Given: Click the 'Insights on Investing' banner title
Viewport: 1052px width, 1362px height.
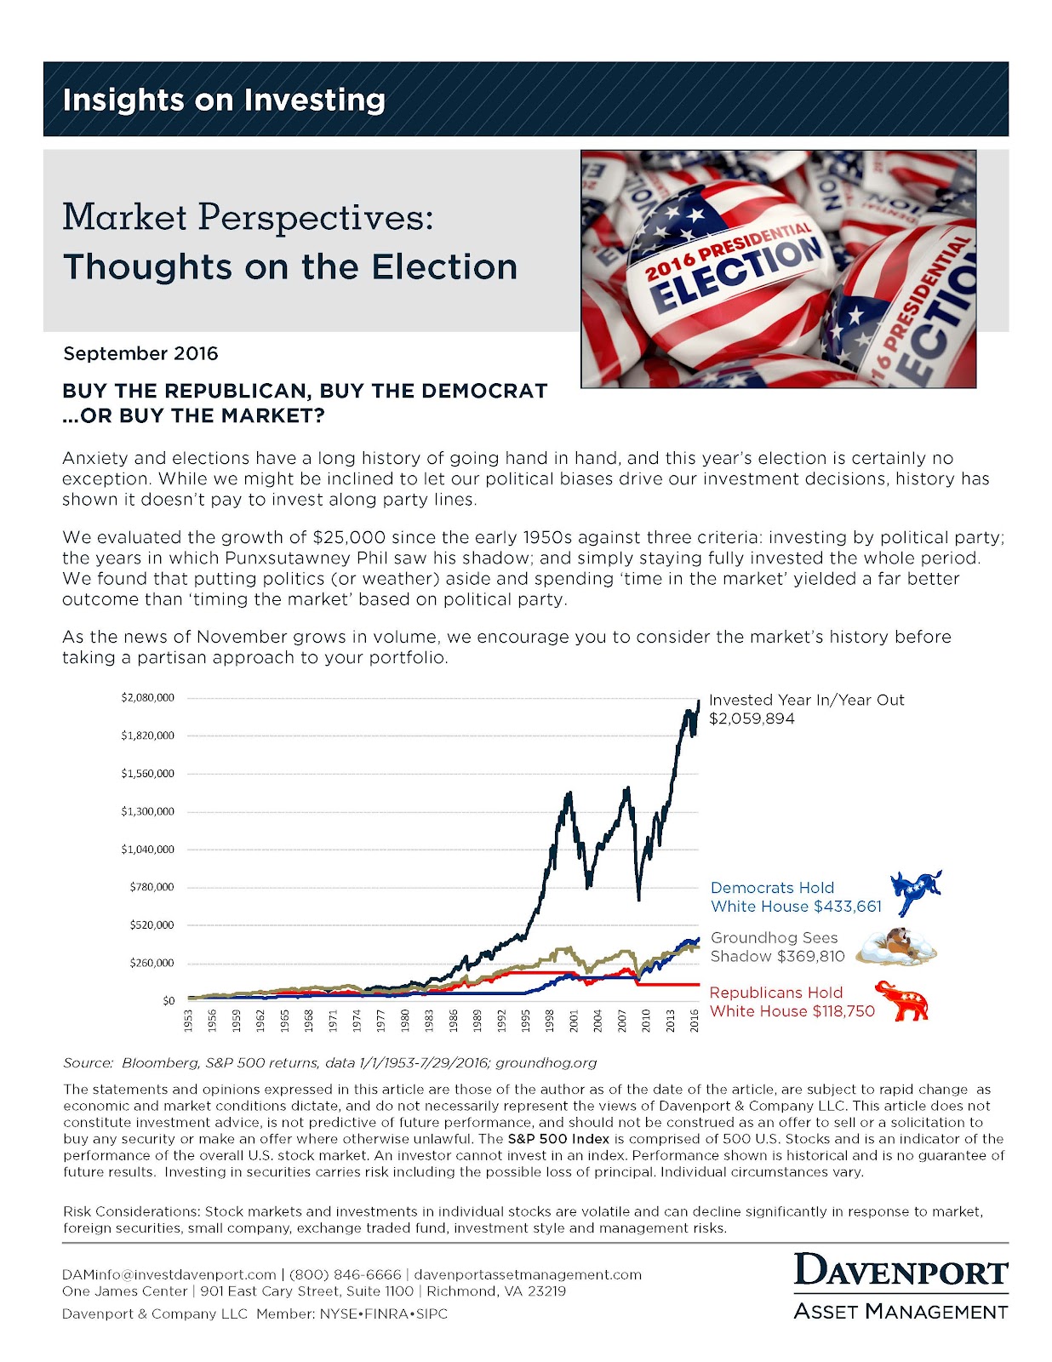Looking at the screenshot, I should pyautogui.click(x=224, y=100).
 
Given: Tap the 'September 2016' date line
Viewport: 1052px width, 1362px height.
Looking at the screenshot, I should pyautogui.click(x=140, y=353).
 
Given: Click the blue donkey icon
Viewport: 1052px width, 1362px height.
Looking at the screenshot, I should pyautogui.click(x=915, y=893).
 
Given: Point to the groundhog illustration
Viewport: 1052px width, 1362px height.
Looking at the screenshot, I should pyautogui.click(x=896, y=947).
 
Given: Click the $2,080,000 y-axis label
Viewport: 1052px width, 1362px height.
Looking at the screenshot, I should pyautogui.click(x=147, y=697).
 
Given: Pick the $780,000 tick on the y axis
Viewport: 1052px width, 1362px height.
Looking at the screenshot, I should pyautogui.click(x=152, y=887).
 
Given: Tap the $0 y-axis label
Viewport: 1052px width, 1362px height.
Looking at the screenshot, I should pyautogui.click(x=169, y=1000).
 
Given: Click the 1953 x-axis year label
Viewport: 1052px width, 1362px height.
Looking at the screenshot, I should pyautogui.click(x=188, y=1020).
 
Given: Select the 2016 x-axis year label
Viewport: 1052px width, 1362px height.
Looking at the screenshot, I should pyautogui.click(x=695, y=1020).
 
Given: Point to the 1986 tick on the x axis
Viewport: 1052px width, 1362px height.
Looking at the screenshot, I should pyautogui.click(x=454, y=1020).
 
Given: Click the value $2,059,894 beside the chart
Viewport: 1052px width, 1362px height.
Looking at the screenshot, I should pyautogui.click(x=752, y=718).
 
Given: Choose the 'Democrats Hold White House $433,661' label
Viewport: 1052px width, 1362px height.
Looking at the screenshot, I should pyautogui.click(x=796, y=897).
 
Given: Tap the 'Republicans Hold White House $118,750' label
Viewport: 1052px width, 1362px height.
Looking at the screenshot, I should pyautogui.click(x=792, y=1002).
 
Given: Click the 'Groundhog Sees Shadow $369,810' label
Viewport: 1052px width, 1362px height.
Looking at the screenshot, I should pyautogui.click(x=777, y=947).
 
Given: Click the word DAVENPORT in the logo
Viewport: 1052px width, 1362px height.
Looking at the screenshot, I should pyautogui.click(x=900, y=1272).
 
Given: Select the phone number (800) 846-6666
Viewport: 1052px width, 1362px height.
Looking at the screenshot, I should pyautogui.click(x=345, y=1274).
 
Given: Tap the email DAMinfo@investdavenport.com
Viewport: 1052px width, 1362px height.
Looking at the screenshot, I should pyautogui.click(x=169, y=1274).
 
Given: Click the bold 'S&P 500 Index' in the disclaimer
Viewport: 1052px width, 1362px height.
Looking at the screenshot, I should pyautogui.click(x=558, y=1139).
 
